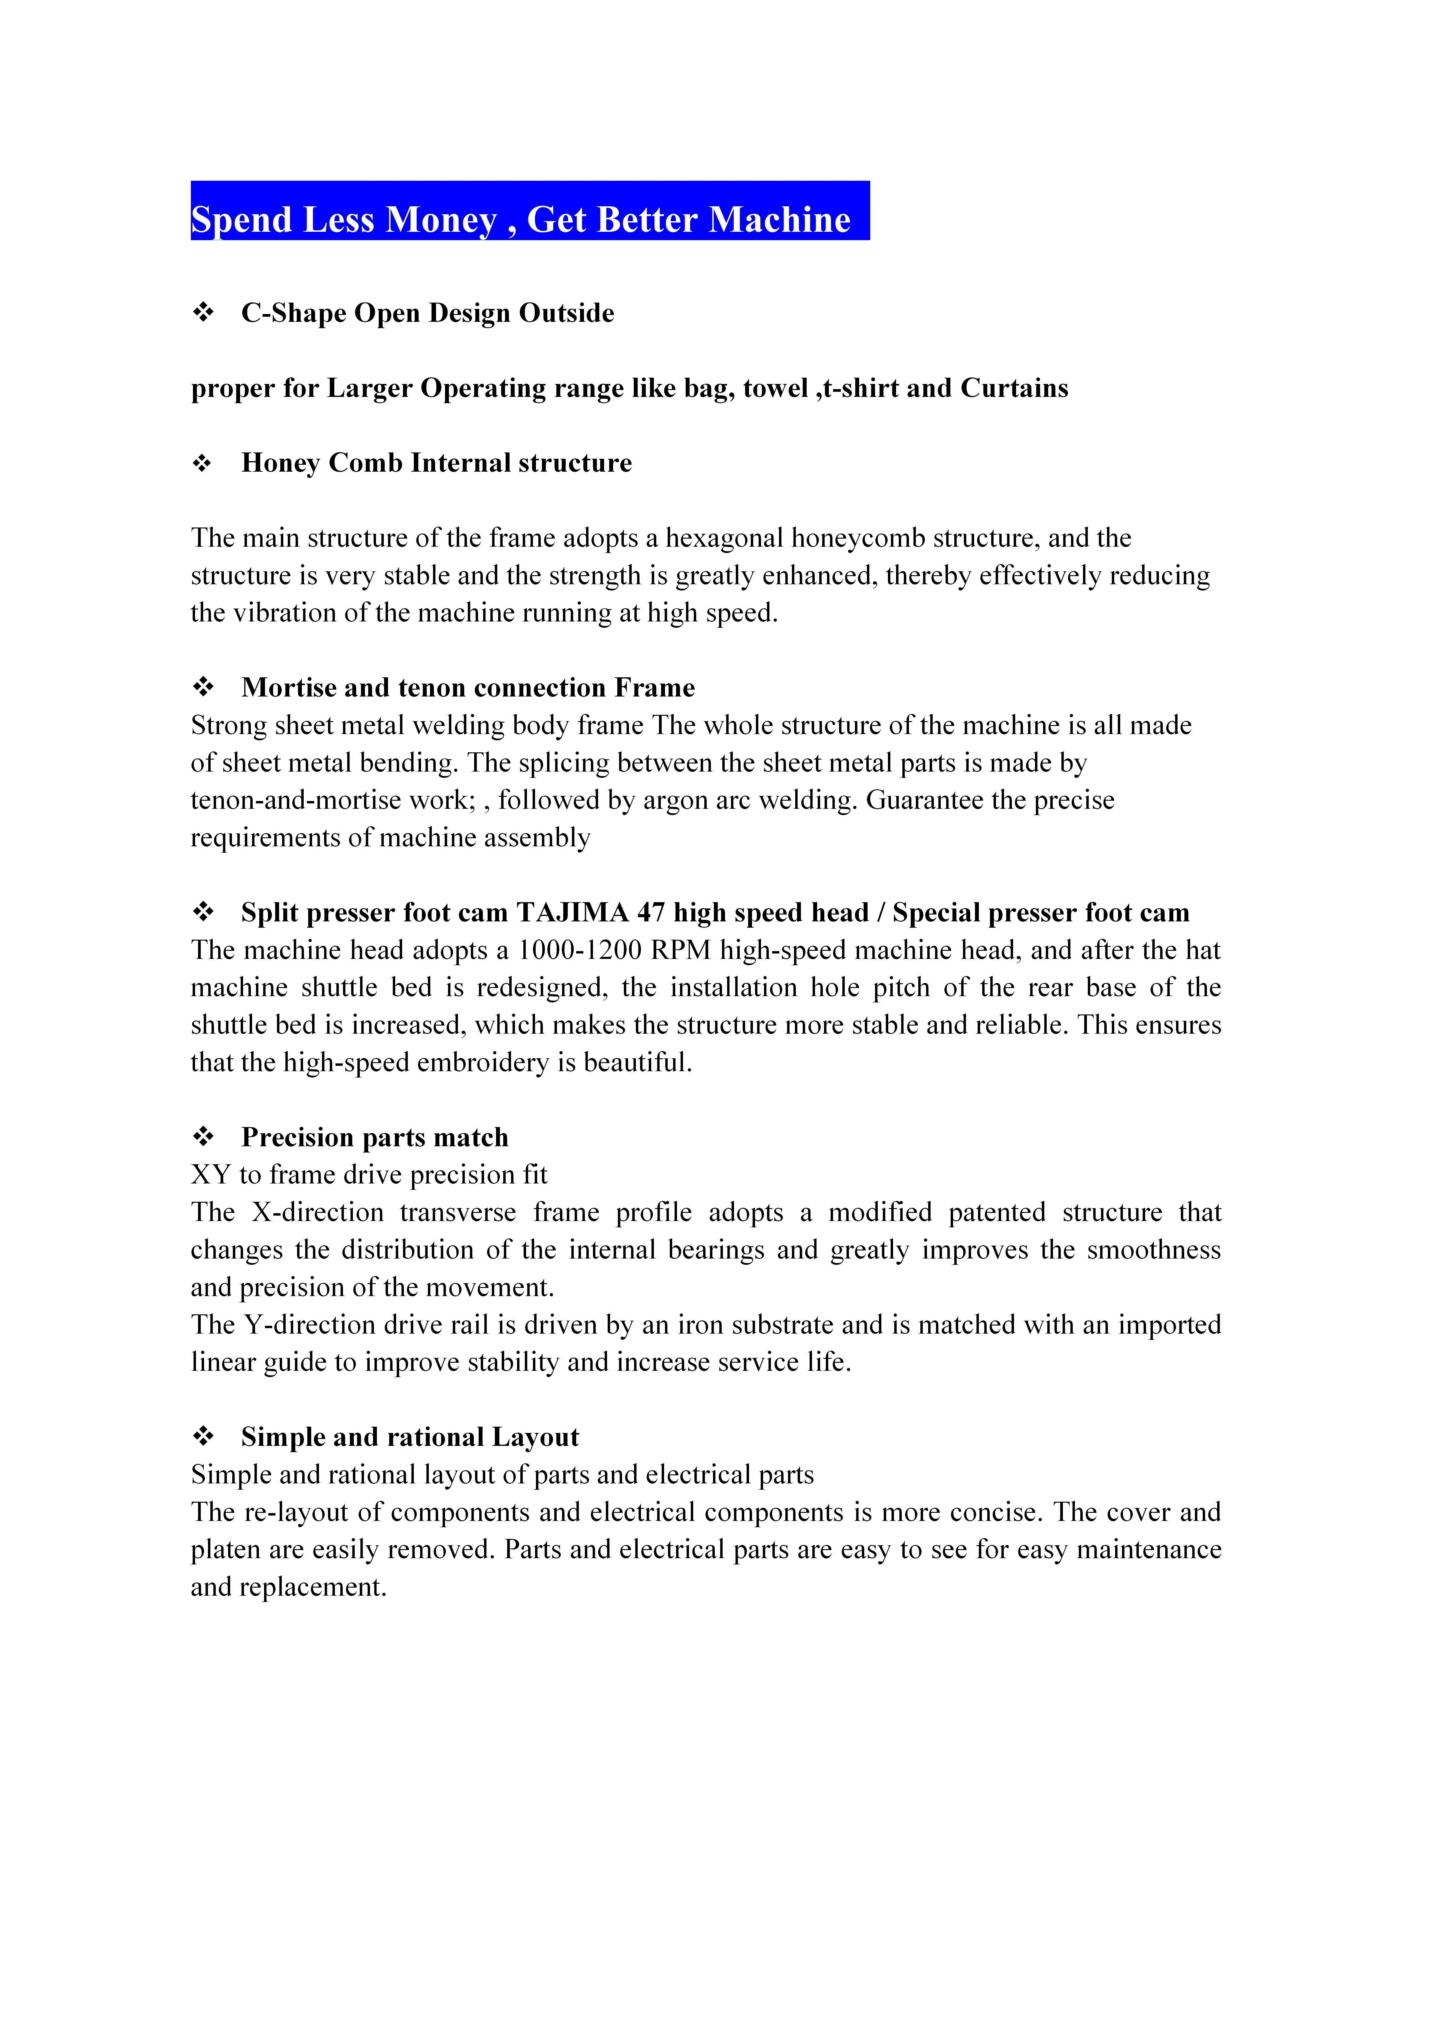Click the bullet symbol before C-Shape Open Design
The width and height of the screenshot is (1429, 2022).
[203, 313]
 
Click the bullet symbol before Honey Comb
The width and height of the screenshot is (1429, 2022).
[203, 463]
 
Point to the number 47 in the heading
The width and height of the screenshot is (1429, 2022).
[651, 912]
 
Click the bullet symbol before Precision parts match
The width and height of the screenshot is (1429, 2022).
[203, 1137]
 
